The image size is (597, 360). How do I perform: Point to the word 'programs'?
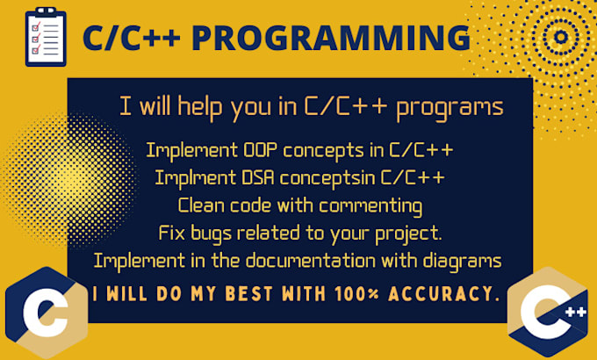[450, 107]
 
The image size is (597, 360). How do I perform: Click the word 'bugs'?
[210, 234]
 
